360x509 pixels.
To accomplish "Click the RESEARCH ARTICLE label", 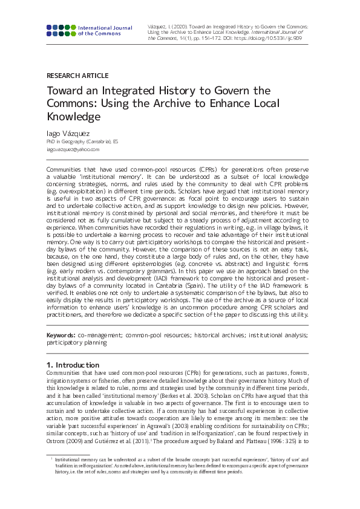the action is point(77,76).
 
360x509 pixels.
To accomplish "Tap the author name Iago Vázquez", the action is point(68,132).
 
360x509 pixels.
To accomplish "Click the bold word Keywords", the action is point(61,334).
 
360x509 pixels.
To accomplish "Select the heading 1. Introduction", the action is point(73,365).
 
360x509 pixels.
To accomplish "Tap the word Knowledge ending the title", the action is point(73,117).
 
